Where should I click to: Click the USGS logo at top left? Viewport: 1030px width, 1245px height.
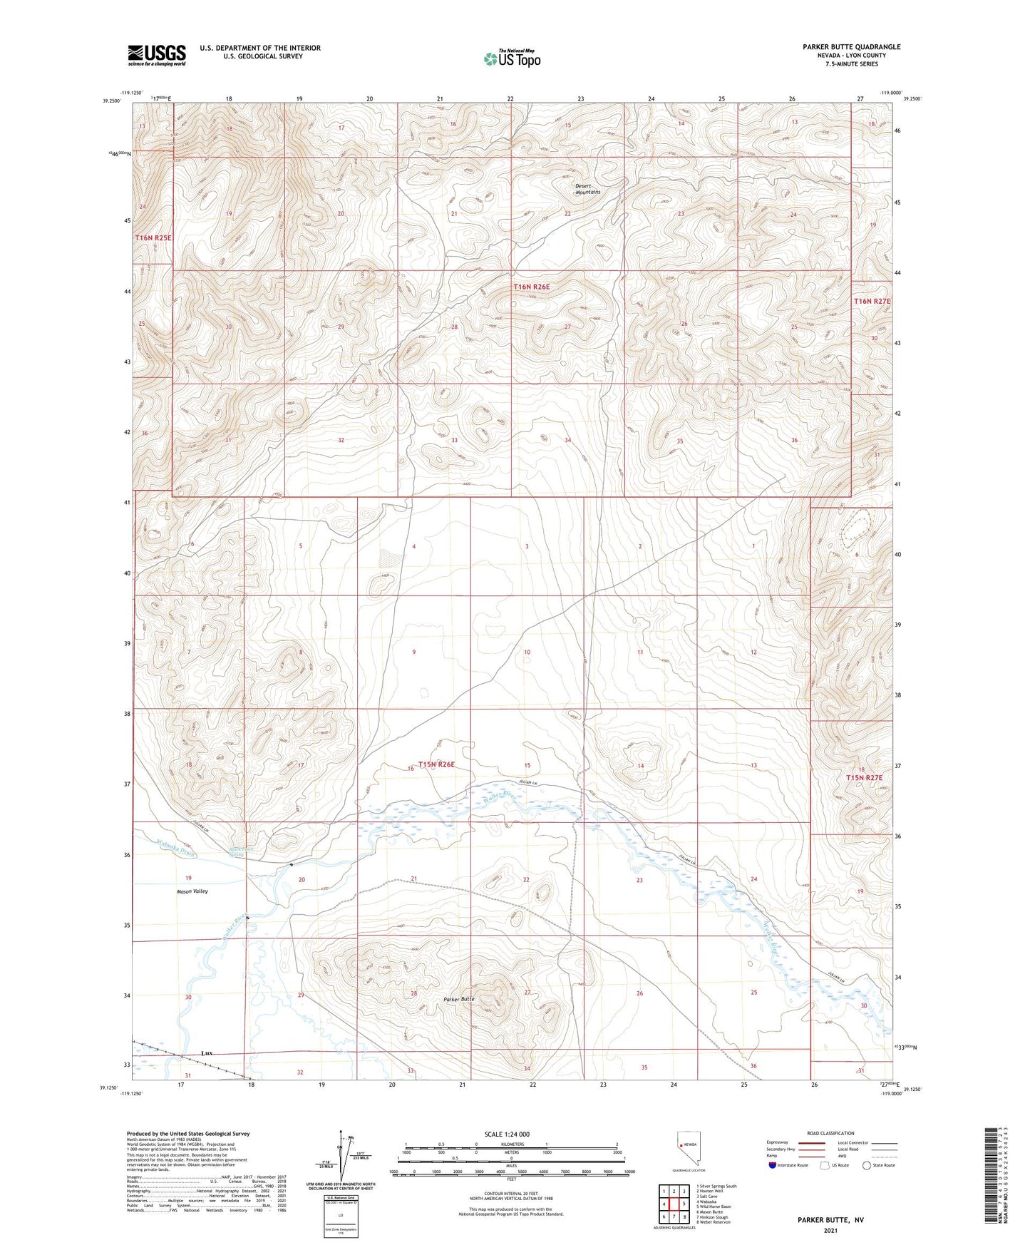(157, 55)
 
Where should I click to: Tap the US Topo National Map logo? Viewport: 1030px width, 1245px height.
(512, 58)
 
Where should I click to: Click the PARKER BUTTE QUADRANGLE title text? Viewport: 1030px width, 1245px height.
(851, 47)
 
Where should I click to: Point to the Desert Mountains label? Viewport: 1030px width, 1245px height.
(588, 189)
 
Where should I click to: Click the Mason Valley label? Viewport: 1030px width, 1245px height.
(192, 891)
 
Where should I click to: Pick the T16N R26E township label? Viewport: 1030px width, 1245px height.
(531, 287)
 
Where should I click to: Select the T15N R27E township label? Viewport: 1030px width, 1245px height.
(864, 777)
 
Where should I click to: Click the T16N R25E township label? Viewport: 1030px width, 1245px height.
(153, 237)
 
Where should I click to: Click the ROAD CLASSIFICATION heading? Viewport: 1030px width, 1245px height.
(830, 1133)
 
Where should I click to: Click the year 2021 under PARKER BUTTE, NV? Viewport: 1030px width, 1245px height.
(830, 1231)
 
